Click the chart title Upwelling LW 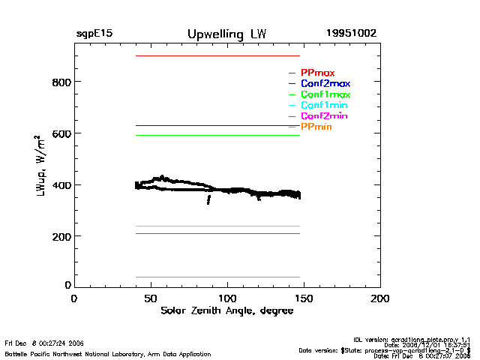226,34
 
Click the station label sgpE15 94,34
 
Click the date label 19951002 351,34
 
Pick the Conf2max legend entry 325,84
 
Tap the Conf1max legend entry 325,95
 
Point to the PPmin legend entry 316,128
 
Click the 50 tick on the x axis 151,298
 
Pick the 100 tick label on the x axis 227,298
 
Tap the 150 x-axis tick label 304,298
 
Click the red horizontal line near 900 217,56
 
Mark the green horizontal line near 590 217,136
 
